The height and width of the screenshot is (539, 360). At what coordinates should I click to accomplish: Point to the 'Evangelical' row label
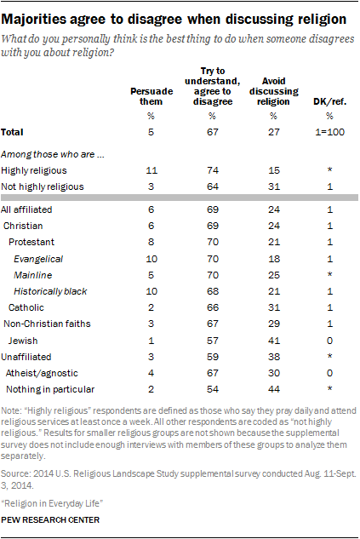[41, 256]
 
